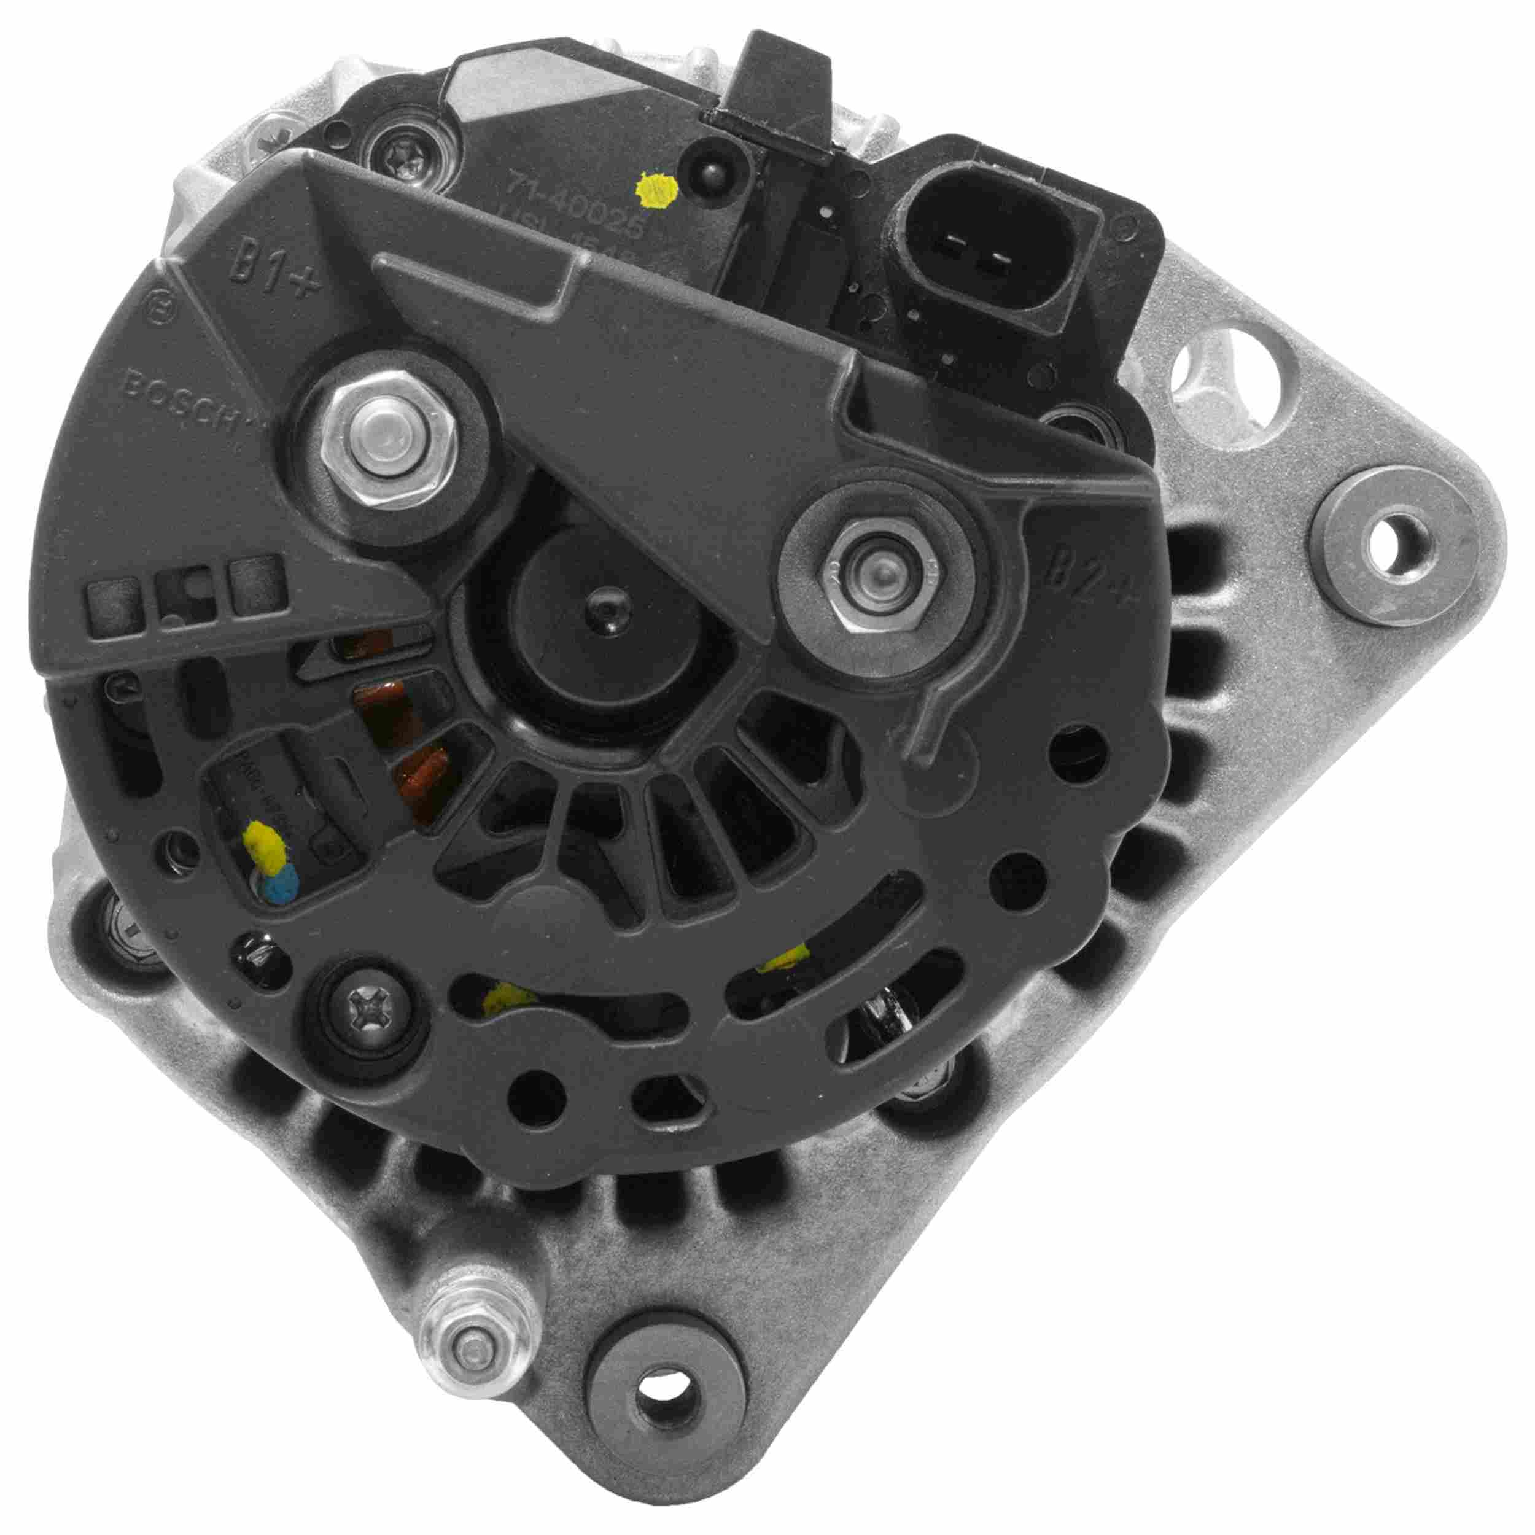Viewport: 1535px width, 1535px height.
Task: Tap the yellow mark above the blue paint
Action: coord(265,842)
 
